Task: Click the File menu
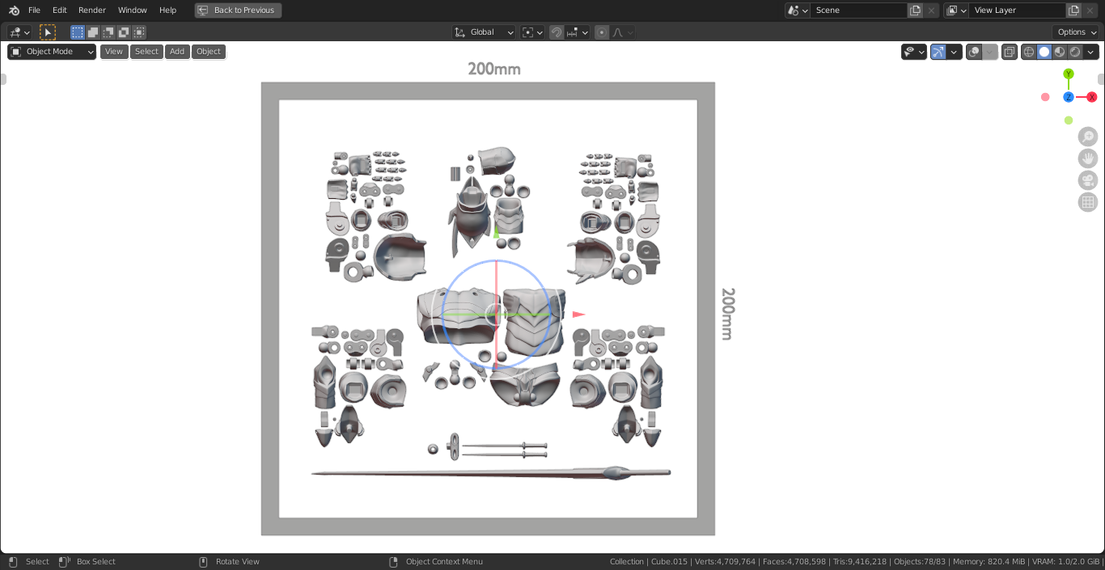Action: click(x=34, y=10)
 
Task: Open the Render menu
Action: click(x=91, y=10)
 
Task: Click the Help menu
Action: click(x=167, y=10)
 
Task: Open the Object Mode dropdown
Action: click(x=52, y=51)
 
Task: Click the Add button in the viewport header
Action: click(x=176, y=51)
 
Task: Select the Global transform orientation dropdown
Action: click(x=484, y=32)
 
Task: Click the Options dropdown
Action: click(x=1075, y=32)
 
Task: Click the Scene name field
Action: click(x=858, y=10)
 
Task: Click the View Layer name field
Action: click(x=1017, y=10)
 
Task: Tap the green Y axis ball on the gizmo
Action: click(x=1069, y=74)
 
